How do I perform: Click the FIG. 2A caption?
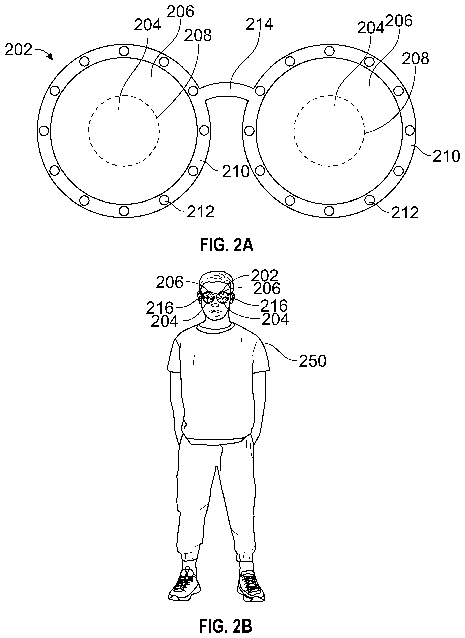[226, 245]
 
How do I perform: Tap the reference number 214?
[259, 24]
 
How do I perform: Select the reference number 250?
[313, 361]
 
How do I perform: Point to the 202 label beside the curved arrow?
[19, 50]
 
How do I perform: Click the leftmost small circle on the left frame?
[44, 131]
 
